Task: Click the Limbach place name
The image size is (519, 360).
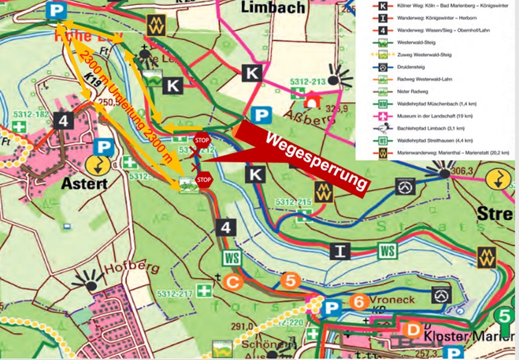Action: coord(273,7)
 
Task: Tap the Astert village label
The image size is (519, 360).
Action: coord(84,184)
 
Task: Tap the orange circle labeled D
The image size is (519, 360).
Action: coord(413,330)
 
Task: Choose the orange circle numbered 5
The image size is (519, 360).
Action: coord(290,280)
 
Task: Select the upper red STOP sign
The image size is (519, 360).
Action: coord(202,140)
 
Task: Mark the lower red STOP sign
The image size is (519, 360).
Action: coord(204,179)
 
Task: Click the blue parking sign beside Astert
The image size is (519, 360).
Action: coord(103,147)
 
